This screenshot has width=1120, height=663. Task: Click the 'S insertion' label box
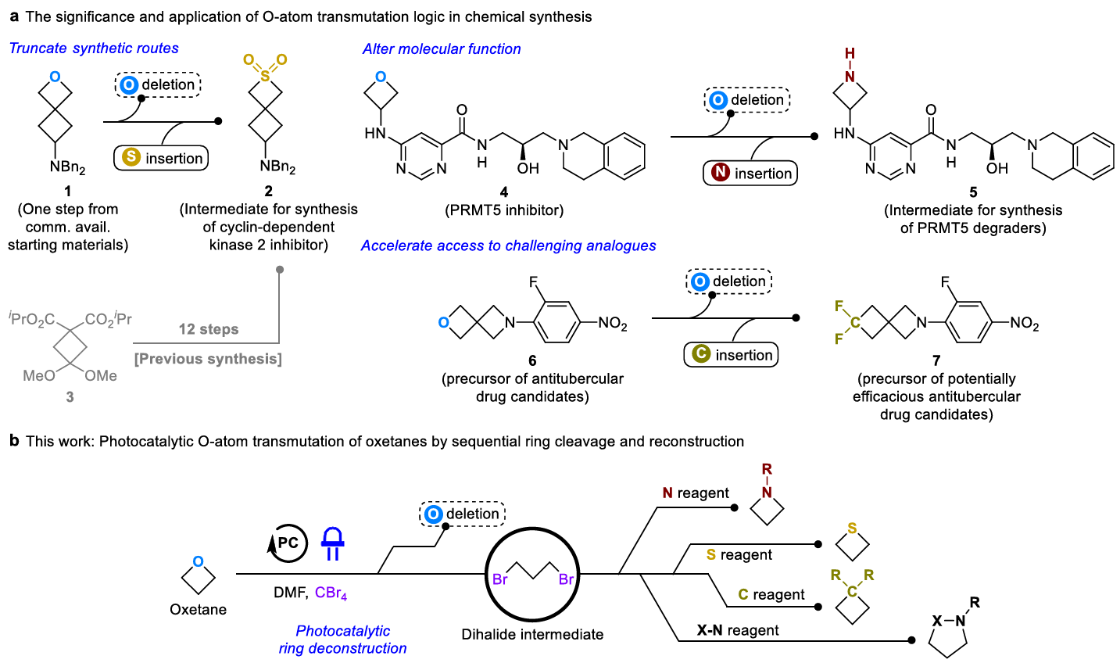click(x=161, y=158)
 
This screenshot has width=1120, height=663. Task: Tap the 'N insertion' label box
click(x=750, y=174)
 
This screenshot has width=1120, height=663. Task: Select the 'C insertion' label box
click(x=731, y=355)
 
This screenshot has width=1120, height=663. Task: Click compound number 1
click(x=68, y=191)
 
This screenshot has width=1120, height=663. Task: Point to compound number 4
click(x=504, y=192)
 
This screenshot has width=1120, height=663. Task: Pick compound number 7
click(x=936, y=361)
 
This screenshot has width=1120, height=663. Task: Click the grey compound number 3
click(x=70, y=397)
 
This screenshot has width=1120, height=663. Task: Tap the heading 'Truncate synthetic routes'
click(x=94, y=48)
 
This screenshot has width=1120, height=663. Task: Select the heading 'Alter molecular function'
click(x=442, y=49)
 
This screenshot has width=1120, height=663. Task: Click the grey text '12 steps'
click(x=209, y=329)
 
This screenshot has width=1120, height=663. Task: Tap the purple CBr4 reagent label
click(x=331, y=593)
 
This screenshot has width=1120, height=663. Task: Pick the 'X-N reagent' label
click(x=738, y=630)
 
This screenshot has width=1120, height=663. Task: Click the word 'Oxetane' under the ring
click(x=198, y=610)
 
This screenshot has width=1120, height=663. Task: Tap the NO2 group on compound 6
click(x=613, y=324)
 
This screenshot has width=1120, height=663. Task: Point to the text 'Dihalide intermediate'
click(x=532, y=635)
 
